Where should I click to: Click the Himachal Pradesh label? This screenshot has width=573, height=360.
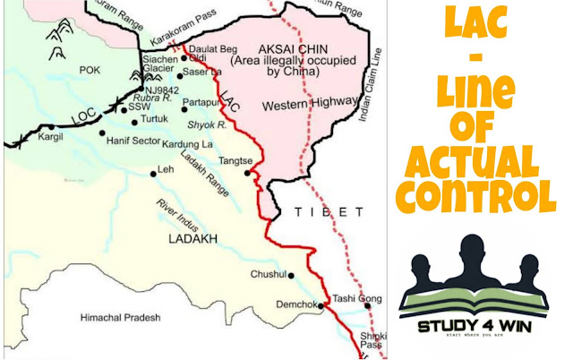pyautogui.click(x=120, y=317)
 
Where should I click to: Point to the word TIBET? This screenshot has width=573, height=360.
pyautogui.click(x=329, y=212)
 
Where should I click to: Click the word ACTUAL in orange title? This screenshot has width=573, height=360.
pyautogui.click(x=474, y=160)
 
